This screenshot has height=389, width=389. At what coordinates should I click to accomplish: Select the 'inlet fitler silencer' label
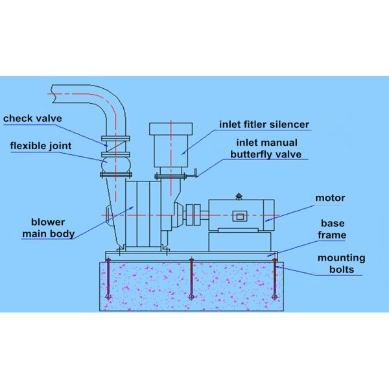point(264,124)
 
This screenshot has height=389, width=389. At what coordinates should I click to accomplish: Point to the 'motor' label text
point(330,198)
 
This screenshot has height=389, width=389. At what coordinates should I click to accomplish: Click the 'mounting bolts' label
point(340,263)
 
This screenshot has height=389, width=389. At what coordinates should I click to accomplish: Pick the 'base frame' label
point(332,229)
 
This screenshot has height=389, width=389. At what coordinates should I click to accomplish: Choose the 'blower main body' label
point(48,228)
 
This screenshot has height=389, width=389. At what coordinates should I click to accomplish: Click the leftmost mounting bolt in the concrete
point(109,279)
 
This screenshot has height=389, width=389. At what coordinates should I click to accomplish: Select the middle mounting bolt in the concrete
point(191,279)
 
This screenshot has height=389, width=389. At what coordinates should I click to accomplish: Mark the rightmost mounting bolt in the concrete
point(275,279)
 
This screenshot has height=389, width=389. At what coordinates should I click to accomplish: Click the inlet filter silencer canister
point(171,146)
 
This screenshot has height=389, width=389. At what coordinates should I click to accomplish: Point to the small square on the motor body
point(241,217)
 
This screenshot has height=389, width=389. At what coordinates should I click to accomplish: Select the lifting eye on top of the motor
point(239,196)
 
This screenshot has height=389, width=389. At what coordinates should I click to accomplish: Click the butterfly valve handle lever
point(190,173)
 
